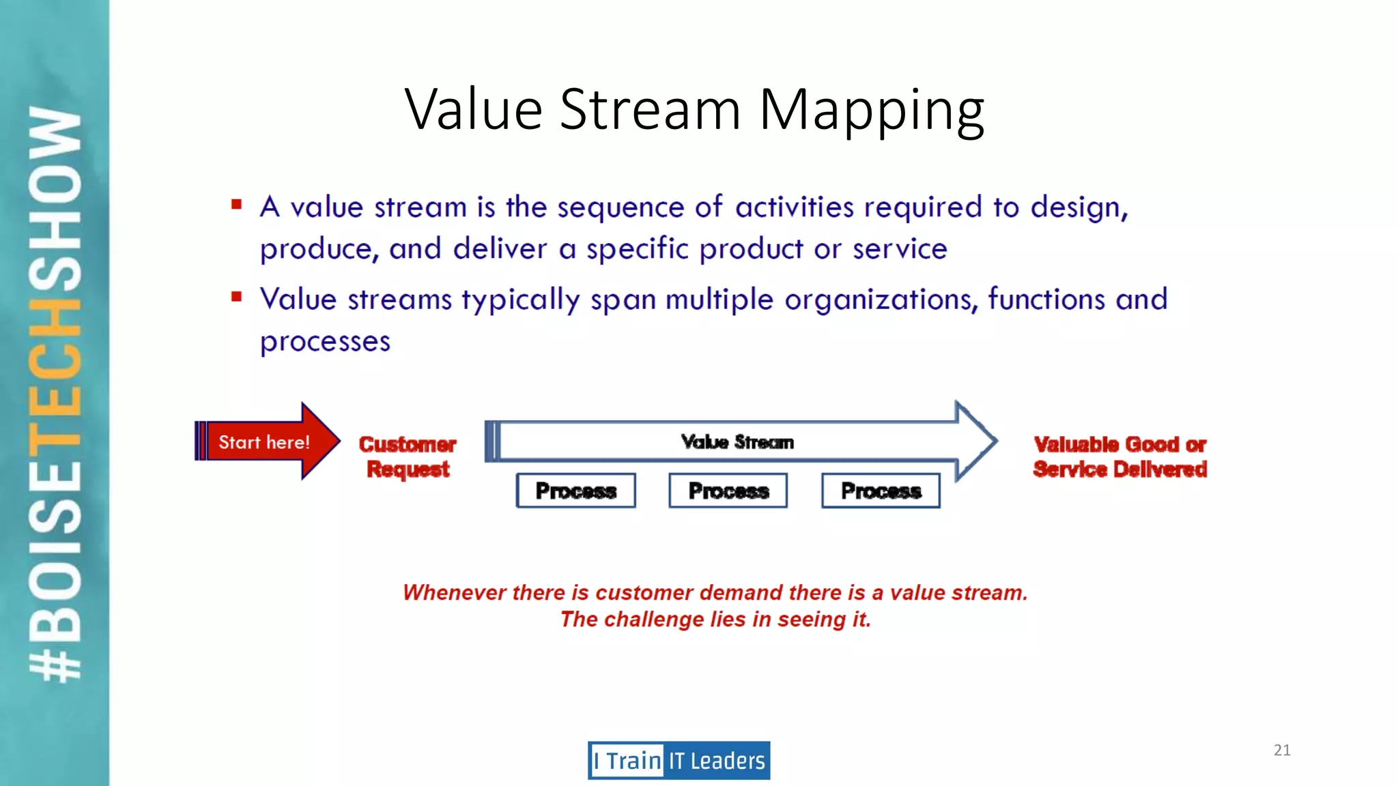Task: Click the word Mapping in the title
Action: tap(871, 111)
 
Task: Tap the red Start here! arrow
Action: tap(266, 441)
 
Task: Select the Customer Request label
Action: tap(408, 456)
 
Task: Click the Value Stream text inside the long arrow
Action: tap(737, 442)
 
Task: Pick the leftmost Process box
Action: tap(575, 491)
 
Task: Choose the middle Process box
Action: tap(728, 491)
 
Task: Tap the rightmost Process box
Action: tap(881, 491)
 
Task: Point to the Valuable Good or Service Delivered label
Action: tap(1119, 456)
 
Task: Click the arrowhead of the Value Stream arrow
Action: tap(975, 441)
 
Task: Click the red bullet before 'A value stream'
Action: tap(237, 204)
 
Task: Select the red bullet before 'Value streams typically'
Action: tap(237, 296)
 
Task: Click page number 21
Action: tap(1282, 750)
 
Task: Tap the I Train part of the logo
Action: tap(627, 761)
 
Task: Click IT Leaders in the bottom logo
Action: tap(717, 761)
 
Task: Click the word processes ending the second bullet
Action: tap(325, 342)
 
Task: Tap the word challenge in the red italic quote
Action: tap(653, 620)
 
